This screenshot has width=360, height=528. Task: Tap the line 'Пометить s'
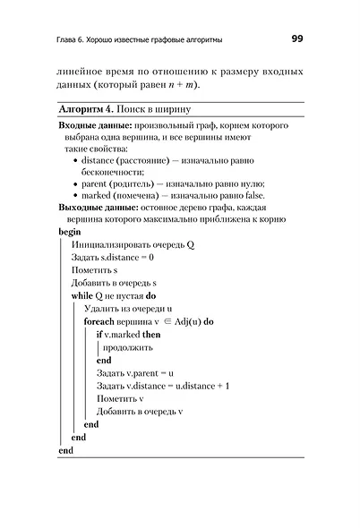click(x=96, y=269)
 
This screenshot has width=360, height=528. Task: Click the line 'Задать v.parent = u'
click(x=134, y=372)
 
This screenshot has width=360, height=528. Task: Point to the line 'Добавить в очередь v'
click(x=139, y=411)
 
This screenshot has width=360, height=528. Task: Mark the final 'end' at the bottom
click(x=65, y=449)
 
